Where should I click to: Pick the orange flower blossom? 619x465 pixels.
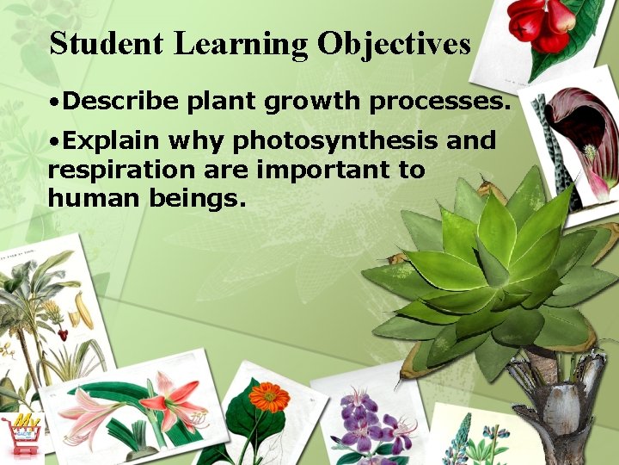coord(269,396)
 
